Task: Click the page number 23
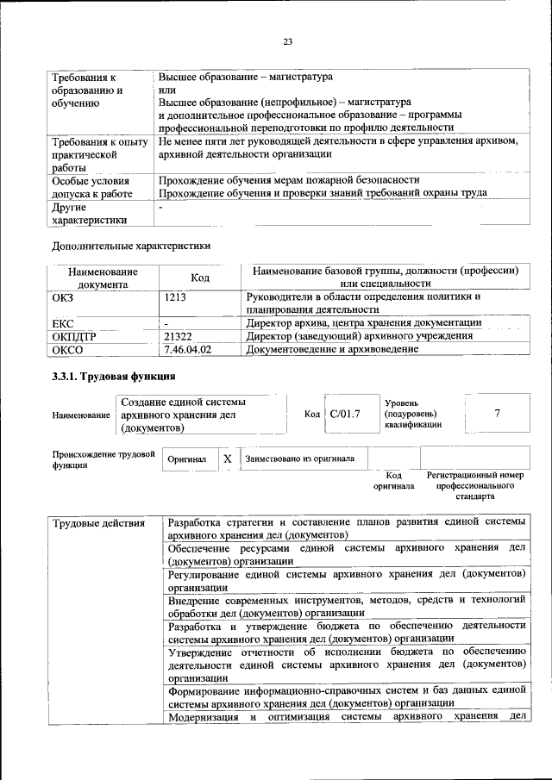(x=288, y=41)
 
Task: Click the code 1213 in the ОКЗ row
(x=175, y=297)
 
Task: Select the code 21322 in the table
(x=178, y=336)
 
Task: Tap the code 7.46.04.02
(x=187, y=349)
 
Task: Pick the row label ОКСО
(x=68, y=349)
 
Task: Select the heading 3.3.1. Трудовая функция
(x=114, y=377)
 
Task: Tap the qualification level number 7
(x=497, y=414)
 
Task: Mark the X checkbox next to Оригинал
(x=227, y=459)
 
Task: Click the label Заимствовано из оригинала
(x=299, y=459)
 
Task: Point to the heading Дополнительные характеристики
(x=131, y=246)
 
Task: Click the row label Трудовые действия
(x=96, y=523)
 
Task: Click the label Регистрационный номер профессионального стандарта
(x=476, y=486)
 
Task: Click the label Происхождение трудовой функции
(x=103, y=459)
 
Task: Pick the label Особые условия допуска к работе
(x=90, y=187)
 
